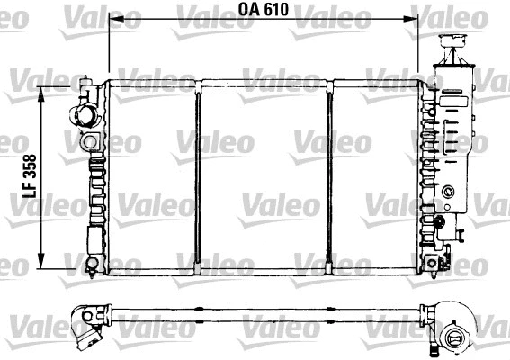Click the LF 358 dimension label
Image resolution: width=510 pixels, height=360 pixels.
coord(29,175)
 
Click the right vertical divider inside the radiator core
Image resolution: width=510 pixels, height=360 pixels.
coord(330,175)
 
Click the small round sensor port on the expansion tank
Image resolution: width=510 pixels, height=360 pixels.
coord(447,191)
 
